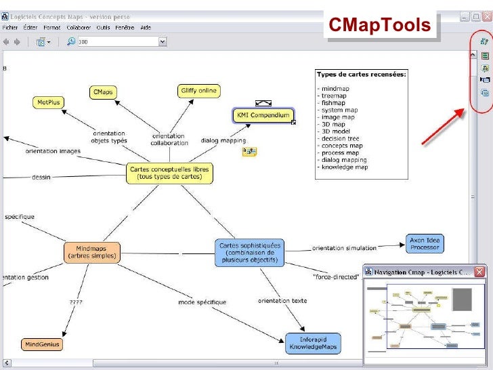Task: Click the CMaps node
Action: click(103, 92)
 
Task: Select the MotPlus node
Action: click(48, 102)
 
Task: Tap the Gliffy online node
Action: click(198, 91)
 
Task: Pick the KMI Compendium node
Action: click(263, 115)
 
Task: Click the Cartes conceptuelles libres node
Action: click(169, 173)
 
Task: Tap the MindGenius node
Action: click(42, 344)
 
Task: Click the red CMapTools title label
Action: click(379, 25)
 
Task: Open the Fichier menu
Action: click(10, 28)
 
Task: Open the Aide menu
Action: click(144, 28)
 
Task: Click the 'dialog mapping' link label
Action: click(223, 141)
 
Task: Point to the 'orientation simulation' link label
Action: click(343, 248)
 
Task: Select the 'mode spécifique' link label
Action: click(202, 302)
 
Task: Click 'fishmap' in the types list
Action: click(333, 103)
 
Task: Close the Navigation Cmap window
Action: click(479, 272)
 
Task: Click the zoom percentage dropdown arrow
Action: click(163, 42)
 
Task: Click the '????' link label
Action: click(76, 302)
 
